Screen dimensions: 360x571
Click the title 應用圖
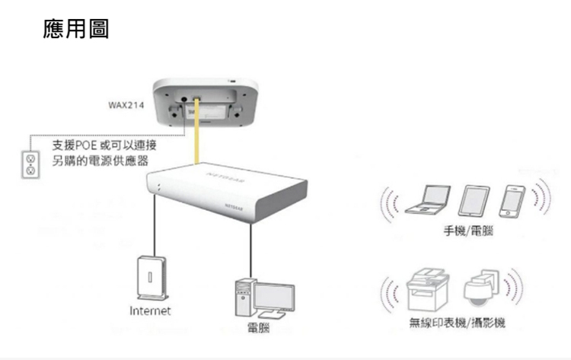76,30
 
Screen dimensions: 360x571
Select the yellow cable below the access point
197,141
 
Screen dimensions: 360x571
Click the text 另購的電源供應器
100,162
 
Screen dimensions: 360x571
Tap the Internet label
150,311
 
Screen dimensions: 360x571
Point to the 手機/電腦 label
467,231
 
